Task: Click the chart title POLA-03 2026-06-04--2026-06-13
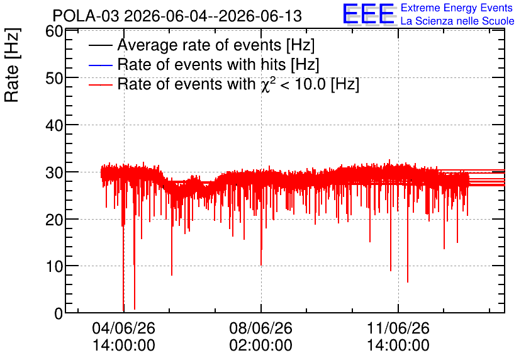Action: pyautogui.click(x=177, y=16)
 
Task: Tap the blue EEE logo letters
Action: pyautogui.click(x=368, y=14)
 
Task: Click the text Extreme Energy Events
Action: pyautogui.click(x=457, y=8)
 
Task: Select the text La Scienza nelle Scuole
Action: pyautogui.click(x=457, y=21)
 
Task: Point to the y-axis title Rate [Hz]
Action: pyautogui.click(x=12, y=65)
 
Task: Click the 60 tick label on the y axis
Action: pyautogui.click(x=54, y=31)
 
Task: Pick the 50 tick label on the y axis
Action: pyautogui.click(x=54, y=78)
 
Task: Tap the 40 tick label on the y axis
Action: pyautogui.click(x=54, y=125)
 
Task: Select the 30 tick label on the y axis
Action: pyautogui.click(x=54, y=172)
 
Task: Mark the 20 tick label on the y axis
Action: pyautogui.click(x=54, y=220)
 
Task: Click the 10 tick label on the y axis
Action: pyautogui.click(x=54, y=267)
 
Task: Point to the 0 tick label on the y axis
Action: pyautogui.click(x=59, y=313)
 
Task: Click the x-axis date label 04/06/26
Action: pyautogui.click(x=124, y=328)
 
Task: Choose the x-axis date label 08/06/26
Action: pyautogui.click(x=261, y=328)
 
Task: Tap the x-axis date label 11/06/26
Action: pyautogui.click(x=398, y=328)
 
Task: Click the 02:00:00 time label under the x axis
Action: pyautogui.click(x=261, y=346)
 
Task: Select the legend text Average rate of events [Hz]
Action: pyautogui.click(x=216, y=45)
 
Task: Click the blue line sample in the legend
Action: pyautogui.click(x=101, y=65)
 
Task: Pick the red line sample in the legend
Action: pyautogui.click(x=101, y=84)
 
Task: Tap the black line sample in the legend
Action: pyautogui.click(x=101, y=45)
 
